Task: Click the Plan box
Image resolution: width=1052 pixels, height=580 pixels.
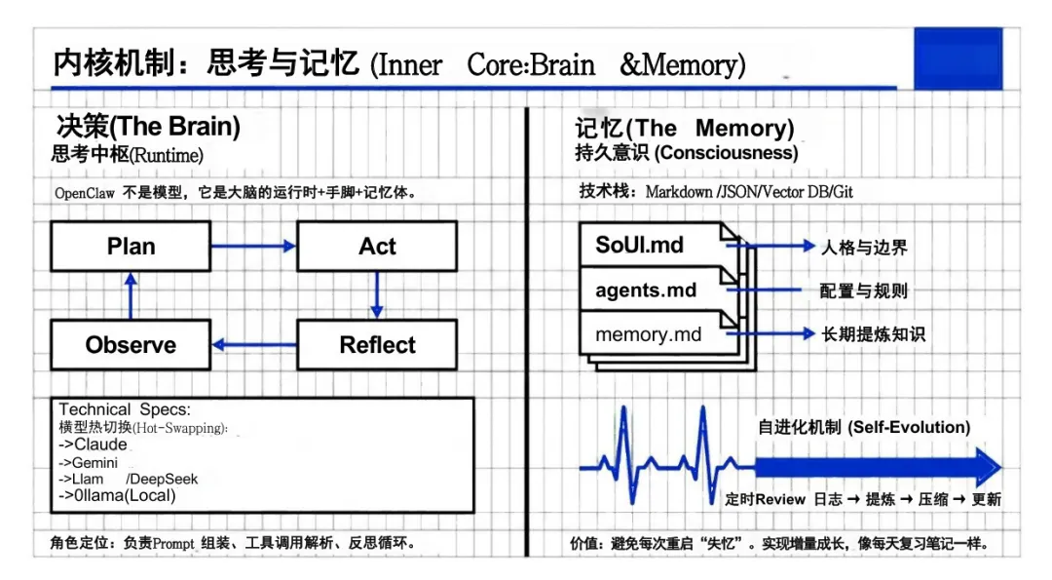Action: (131, 247)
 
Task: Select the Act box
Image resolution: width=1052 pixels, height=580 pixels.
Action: (376, 247)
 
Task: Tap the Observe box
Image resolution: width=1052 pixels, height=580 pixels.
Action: (131, 345)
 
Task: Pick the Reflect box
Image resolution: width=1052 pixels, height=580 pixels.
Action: (376, 345)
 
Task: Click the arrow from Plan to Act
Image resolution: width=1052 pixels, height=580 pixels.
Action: (253, 247)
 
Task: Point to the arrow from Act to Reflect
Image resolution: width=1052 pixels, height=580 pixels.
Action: (377, 295)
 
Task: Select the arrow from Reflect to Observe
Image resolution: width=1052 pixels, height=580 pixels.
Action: (253, 344)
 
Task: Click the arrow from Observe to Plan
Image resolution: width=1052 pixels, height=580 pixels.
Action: (131, 295)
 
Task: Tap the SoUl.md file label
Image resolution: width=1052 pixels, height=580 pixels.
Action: (639, 246)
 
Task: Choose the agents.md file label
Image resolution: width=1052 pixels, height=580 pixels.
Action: (646, 290)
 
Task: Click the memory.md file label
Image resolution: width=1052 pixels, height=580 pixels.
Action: (648, 334)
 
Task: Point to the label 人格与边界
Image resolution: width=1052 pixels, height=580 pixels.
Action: (864, 248)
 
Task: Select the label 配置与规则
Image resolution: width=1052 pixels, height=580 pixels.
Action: (864, 291)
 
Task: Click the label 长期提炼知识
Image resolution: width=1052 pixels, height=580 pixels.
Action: (873, 334)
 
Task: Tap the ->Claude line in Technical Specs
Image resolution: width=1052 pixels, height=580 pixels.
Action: (93, 445)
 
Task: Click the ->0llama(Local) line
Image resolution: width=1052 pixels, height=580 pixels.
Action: (117, 495)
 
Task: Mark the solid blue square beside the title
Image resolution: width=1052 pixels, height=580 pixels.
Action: (958, 58)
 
